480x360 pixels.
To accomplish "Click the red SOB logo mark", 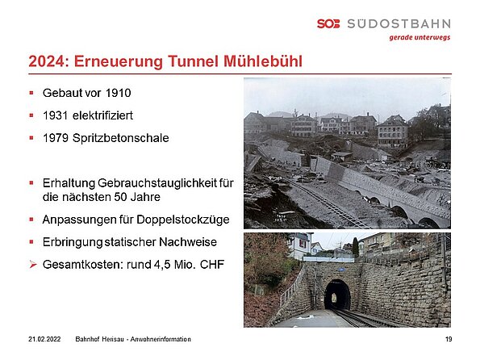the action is [328, 23].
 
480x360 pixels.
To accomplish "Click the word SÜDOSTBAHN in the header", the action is [399, 23].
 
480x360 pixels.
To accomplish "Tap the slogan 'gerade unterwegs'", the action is [419, 38].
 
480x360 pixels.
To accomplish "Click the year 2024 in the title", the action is [47, 61].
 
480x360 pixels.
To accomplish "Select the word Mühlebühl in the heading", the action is [263, 61].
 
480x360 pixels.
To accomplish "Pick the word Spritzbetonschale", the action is [121, 138].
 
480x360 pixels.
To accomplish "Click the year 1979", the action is [56, 138].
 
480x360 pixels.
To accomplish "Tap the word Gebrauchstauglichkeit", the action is [158, 183].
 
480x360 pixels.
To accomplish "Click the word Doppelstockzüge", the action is [183, 220].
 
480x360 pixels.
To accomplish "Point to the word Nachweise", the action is [188, 242].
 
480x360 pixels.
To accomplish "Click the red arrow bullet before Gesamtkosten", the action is [33, 265].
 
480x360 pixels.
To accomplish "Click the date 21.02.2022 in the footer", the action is [44, 339].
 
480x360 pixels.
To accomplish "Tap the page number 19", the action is [449, 339].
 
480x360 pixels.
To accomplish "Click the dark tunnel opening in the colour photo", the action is [337, 295].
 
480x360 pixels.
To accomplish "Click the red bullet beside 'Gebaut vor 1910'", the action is [31, 93].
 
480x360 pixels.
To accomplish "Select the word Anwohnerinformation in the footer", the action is [161, 339].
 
